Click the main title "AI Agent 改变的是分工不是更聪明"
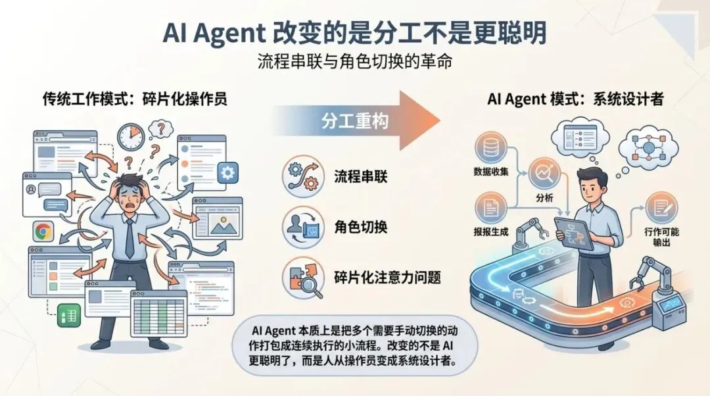[x=355, y=32]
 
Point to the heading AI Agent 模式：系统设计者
[x=575, y=99]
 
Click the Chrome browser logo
[x=43, y=231]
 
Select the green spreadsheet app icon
[x=68, y=314]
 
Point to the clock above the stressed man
[x=130, y=136]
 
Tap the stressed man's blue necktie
[x=130, y=237]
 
